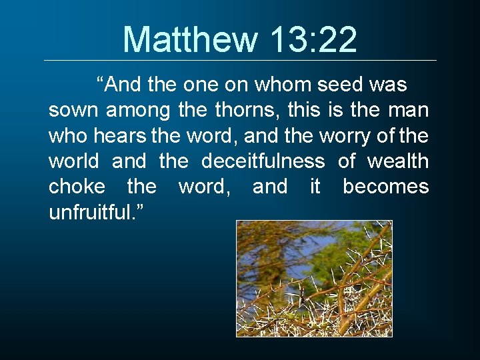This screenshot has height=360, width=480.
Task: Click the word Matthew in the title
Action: tap(189, 39)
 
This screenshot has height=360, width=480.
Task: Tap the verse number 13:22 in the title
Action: tap(314, 39)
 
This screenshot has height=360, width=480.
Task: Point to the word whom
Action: tap(285, 85)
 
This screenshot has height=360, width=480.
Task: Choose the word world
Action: tap(73, 161)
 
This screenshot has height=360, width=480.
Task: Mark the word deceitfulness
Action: tap(263, 161)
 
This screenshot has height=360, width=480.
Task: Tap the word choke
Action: tap(77, 187)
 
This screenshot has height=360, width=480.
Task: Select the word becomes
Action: tap(385, 187)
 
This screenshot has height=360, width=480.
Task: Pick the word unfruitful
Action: tap(92, 212)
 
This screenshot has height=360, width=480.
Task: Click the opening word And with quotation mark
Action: tap(116, 85)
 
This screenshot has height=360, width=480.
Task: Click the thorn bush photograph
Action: tap(314, 278)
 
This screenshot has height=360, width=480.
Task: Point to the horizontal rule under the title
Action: tap(240, 61)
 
